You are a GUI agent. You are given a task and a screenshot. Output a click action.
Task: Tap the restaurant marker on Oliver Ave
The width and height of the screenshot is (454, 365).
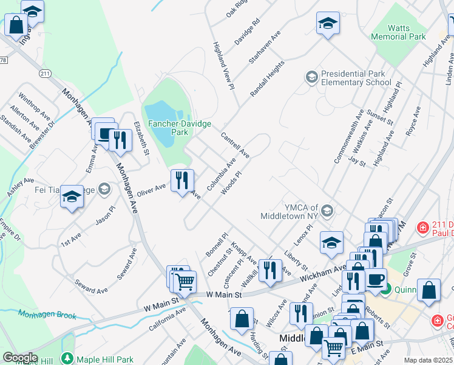point(182,180)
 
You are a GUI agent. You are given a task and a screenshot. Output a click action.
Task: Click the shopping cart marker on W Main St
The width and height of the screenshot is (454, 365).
point(185,281)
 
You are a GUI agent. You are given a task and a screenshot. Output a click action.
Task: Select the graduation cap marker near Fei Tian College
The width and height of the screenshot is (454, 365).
point(72,196)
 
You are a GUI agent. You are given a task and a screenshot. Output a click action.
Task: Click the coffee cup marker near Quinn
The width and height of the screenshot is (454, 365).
point(375,279)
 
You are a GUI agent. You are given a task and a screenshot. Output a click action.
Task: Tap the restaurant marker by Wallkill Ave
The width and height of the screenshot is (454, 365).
point(270,269)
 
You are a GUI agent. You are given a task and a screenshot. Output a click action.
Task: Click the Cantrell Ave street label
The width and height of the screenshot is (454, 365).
point(235,145)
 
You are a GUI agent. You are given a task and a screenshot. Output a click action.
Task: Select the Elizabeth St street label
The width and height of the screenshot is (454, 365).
point(141,139)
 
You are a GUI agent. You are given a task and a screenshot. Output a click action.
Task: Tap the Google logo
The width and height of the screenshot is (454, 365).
point(20,358)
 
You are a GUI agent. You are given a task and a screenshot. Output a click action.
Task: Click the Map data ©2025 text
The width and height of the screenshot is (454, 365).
point(427,360)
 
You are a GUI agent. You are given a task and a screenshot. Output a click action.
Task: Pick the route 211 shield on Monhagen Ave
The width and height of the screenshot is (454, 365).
point(44,74)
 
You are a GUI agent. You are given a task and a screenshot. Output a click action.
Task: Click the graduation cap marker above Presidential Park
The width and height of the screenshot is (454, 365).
point(328,24)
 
